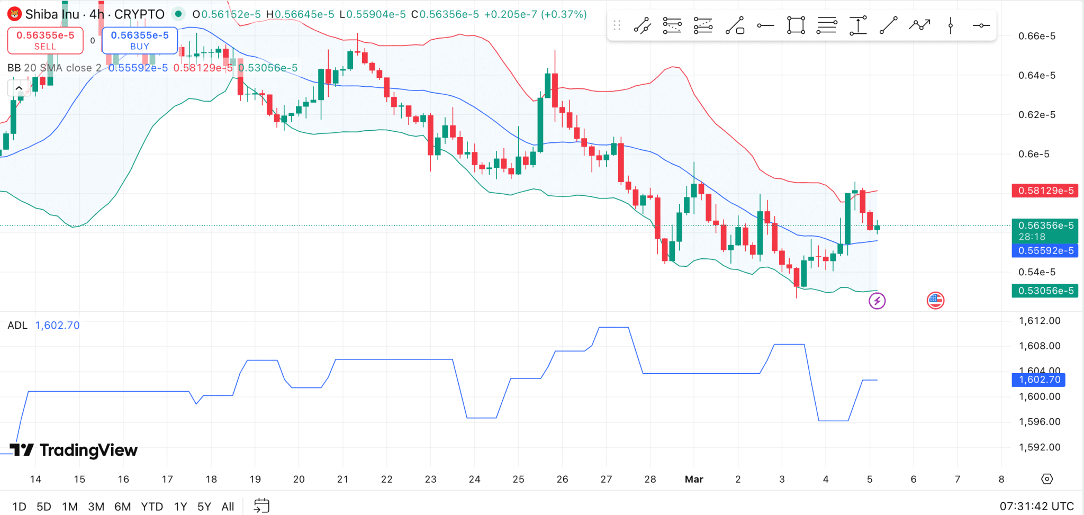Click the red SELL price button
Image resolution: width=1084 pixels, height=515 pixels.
tap(46, 40)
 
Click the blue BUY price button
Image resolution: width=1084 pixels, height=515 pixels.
tap(140, 40)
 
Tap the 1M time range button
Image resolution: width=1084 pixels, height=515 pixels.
tap(70, 507)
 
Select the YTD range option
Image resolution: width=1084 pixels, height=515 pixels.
tap(152, 507)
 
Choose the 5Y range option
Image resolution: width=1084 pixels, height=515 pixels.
tap(204, 507)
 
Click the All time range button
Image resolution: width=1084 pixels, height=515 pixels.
tap(228, 507)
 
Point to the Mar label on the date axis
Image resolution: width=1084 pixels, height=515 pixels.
tap(694, 479)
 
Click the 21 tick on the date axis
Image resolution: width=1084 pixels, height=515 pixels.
tap(343, 479)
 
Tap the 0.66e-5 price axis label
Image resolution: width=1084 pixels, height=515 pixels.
tap(1037, 36)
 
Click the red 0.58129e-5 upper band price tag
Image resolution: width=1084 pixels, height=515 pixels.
tap(1045, 191)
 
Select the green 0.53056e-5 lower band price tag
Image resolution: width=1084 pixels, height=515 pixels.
tap(1045, 291)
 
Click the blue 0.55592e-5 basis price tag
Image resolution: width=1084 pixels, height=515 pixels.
tap(1045, 250)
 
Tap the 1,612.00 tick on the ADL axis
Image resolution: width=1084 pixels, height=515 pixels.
tap(1040, 321)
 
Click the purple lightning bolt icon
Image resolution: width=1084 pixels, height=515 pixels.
tap(877, 301)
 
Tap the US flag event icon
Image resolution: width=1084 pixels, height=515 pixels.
tap(935, 301)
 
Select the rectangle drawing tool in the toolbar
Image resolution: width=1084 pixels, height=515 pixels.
tap(796, 25)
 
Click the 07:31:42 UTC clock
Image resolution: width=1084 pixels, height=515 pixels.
tap(1036, 506)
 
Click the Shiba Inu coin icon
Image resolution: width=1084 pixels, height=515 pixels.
tap(14, 14)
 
